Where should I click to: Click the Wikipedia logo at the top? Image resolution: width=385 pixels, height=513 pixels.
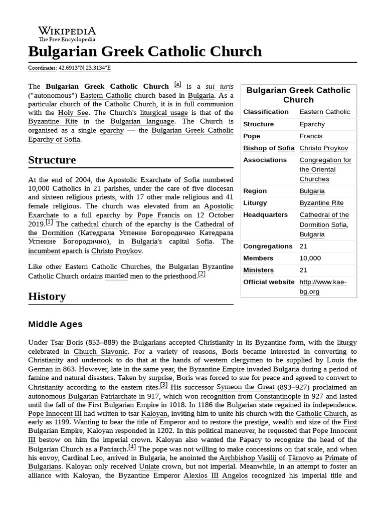point(67,34)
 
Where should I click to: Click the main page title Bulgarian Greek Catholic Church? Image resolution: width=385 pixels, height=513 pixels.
point(145,51)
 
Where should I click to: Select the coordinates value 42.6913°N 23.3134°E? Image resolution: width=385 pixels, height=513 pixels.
point(84,68)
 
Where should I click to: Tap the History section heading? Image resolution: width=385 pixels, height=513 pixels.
point(47,296)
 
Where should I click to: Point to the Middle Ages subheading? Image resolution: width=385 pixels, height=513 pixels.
point(55,324)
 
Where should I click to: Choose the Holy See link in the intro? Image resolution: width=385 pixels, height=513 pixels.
point(69,112)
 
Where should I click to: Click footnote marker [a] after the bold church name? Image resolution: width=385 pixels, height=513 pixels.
point(177,84)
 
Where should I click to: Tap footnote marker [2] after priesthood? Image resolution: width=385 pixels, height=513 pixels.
point(202,274)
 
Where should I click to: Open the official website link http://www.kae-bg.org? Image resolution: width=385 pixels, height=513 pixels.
point(323,287)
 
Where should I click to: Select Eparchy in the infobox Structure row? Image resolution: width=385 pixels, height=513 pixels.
point(311,124)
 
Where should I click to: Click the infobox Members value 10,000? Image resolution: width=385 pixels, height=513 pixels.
point(310,258)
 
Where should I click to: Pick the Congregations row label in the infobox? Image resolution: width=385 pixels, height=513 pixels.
point(268,246)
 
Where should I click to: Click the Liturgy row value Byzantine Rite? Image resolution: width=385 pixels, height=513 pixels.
point(321,203)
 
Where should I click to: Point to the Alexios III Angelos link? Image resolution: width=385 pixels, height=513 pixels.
point(216,475)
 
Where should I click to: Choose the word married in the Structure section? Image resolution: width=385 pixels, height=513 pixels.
point(116,276)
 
